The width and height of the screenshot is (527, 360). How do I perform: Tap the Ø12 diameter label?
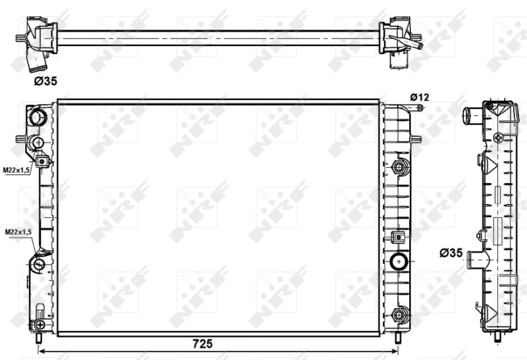419,97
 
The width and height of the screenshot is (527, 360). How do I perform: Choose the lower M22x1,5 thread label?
18,232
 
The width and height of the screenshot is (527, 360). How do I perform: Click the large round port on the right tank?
399,262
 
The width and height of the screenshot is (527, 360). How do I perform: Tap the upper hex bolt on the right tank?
398,167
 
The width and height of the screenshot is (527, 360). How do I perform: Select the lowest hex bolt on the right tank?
399,315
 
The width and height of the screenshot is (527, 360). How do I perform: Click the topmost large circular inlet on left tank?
37,118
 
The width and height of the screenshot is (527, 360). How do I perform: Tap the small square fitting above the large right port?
397,237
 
